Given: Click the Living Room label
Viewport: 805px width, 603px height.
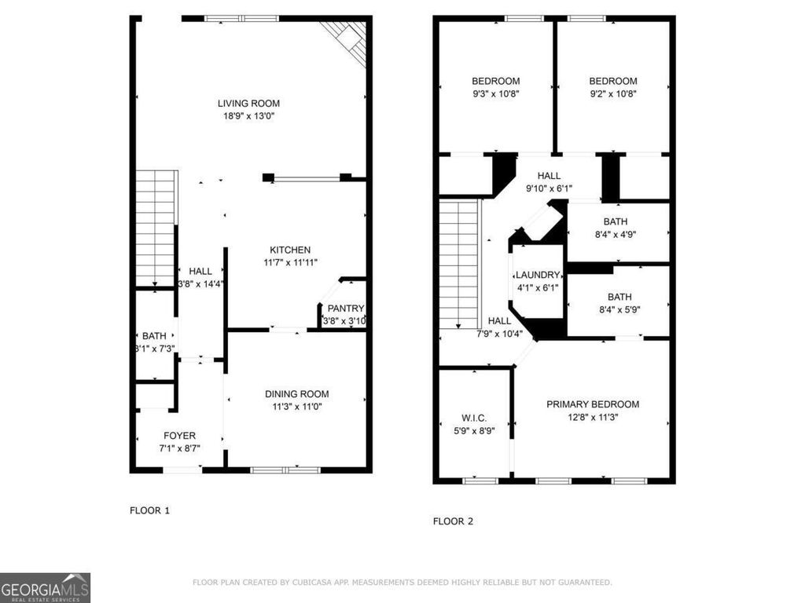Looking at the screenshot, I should (248, 103).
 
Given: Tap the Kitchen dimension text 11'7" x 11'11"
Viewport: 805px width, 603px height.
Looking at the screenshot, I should (290, 262).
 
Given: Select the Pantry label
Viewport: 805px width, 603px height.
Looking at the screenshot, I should (345, 309).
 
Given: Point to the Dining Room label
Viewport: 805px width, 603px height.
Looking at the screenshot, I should (296, 394).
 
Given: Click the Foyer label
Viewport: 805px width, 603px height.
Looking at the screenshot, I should (179, 436).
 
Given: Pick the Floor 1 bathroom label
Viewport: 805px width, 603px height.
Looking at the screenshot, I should (154, 336).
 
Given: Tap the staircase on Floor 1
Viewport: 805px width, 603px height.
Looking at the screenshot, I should (155, 228).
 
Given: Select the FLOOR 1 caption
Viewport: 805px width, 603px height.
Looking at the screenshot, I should (149, 510).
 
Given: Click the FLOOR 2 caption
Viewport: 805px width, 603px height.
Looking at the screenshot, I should (453, 521).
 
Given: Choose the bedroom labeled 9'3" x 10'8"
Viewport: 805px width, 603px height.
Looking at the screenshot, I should (495, 81).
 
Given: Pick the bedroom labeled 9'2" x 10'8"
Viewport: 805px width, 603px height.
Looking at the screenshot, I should (613, 81).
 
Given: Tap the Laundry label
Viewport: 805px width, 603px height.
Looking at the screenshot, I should (538, 276).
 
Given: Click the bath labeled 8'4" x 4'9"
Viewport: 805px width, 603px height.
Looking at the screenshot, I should (616, 221).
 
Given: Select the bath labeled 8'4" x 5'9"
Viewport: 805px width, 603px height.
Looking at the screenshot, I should (619, 297).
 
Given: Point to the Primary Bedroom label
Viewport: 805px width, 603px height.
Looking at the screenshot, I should (593, 404).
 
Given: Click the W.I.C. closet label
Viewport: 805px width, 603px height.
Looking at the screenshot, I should (474, 418).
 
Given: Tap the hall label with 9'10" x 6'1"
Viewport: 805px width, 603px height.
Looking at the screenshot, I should (549, 176).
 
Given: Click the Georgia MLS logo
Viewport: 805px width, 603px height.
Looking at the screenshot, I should (46, 587).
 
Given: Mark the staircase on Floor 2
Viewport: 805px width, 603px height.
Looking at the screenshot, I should (458, 264).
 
